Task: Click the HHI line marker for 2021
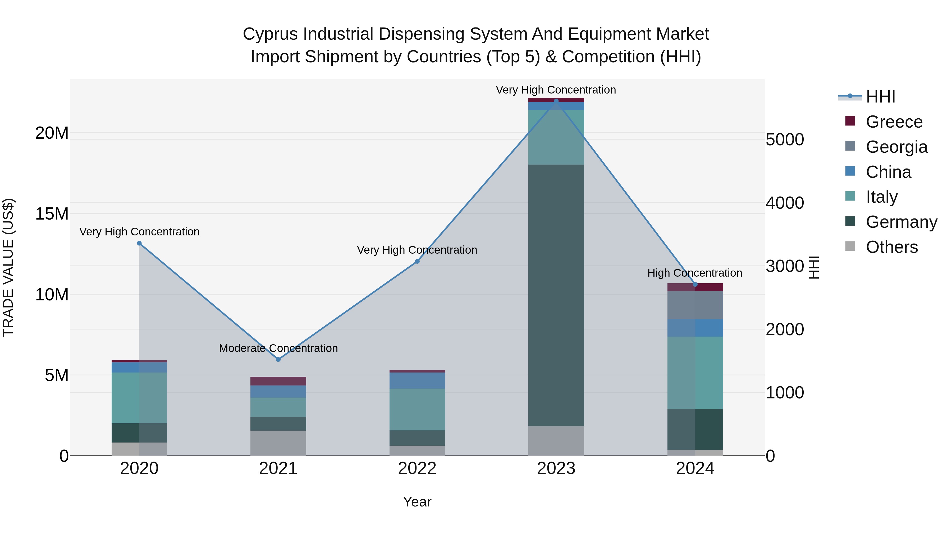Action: tap(278, 359)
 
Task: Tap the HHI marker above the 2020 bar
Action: tap(139, 243)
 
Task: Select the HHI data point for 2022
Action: tap(417, 261)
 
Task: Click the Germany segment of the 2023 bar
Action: tap(556, 295)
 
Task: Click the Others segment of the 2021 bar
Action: tap(278, 443)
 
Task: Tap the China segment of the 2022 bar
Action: tap(417, 380)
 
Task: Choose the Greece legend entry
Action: tap(894, 122)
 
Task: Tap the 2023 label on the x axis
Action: tap(556, 468)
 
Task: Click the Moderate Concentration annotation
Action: tap(278, 348)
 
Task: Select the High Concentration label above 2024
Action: tap(694, 273)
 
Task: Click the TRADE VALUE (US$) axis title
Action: tap(8, 267)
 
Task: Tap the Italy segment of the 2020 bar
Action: tap(139, 398)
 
